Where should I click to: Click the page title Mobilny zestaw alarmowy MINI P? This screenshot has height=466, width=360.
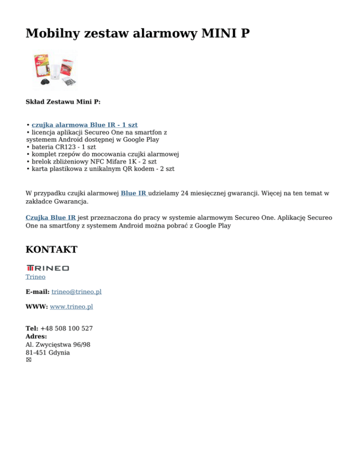click(137, 34)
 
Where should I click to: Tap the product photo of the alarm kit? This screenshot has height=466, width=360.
click(55, 70)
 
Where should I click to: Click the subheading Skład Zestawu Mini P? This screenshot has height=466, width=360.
click(63, 101)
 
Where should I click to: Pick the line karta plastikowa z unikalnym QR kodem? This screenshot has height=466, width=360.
click(100, 168)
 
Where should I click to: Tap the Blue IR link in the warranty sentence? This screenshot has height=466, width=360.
click(134, 193)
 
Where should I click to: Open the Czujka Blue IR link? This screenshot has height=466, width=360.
click(51, 218)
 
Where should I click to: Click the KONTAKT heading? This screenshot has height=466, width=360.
click(52, 249)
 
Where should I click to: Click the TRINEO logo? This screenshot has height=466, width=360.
click(47, 268)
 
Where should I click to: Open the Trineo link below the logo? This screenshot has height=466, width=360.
click(35, 277)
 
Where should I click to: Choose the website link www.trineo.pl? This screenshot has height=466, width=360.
click(71, 307)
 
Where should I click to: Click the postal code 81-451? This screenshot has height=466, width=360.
click(36, 352)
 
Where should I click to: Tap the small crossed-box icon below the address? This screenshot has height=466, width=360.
click(29, 360)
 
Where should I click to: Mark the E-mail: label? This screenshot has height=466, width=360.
click(37, 292)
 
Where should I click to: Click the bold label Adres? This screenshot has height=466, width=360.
click(36, 336)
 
